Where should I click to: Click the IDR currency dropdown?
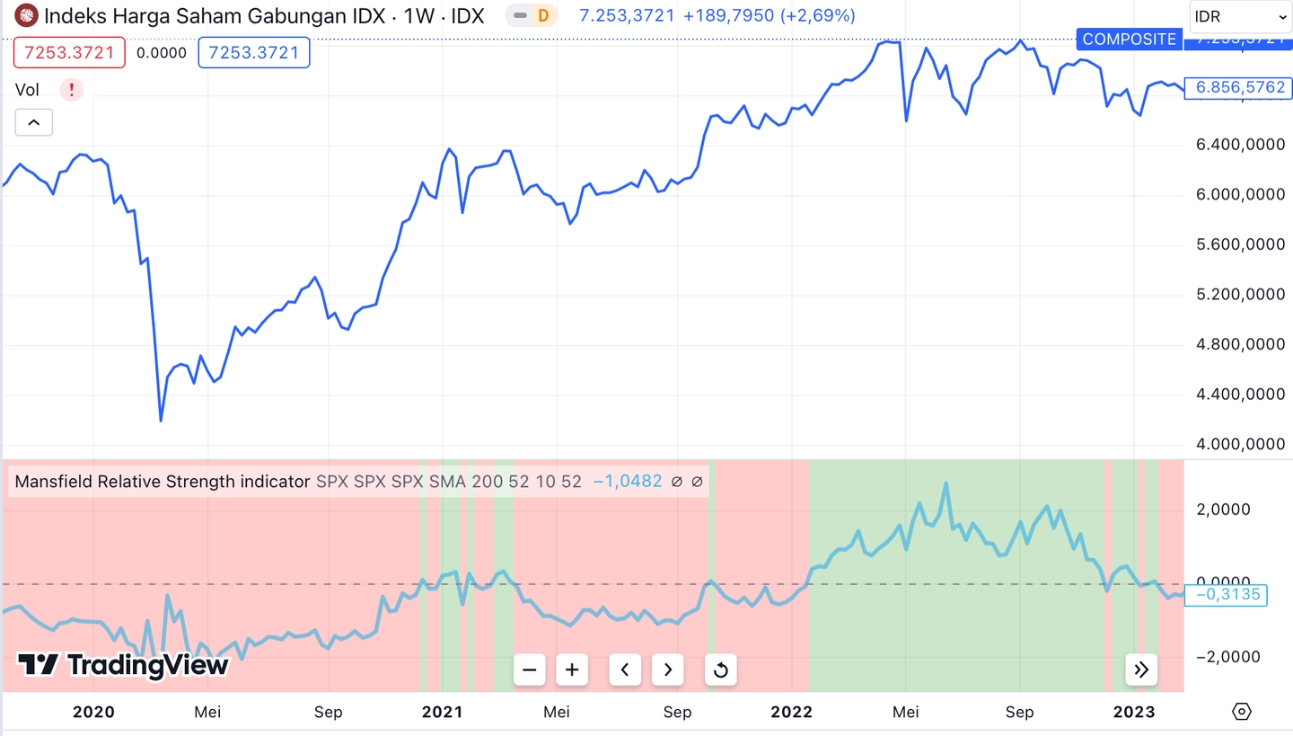[1241, 16]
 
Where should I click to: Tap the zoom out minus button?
[530, 669]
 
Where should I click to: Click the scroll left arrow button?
[625, 669]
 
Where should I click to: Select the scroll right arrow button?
[668, 669]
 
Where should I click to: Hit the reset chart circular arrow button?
[720, 669]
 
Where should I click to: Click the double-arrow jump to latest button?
[1141, 669]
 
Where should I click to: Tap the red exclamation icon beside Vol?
[72, 90]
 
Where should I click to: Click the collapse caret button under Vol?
[33, 122]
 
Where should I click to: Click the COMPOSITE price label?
[1129, 39]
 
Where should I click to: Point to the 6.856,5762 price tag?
[1240, 88]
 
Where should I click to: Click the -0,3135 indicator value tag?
[1227, 594]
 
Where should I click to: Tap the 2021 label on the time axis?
[442, 712]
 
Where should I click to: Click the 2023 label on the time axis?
[1134, 712]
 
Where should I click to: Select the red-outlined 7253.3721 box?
[69, 53]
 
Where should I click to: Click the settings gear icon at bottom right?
[1241, 712]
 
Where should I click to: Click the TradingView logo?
[124, 665]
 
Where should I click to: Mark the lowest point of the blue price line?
[161, 420]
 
